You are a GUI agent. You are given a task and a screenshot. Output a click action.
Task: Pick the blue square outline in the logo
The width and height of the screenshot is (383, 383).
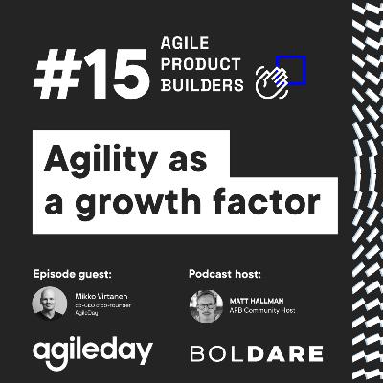(x=291, y=69)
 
